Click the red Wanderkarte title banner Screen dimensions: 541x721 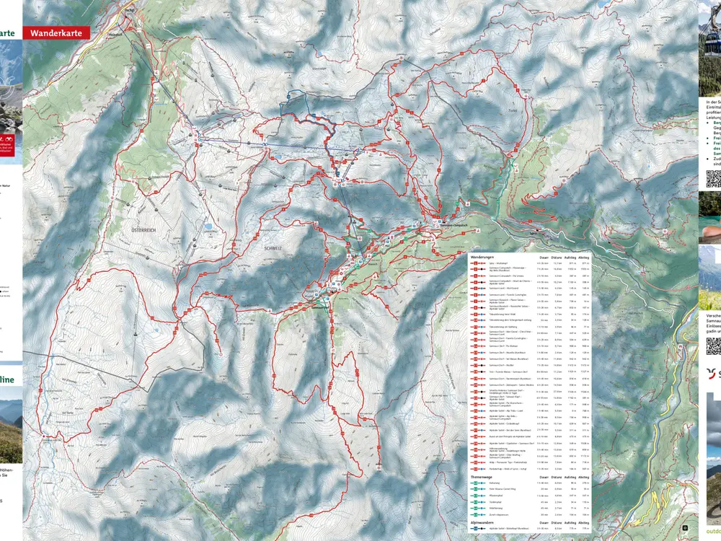point(56,33)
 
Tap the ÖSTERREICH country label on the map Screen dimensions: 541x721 point(143,230)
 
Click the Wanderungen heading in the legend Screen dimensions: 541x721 point(482,257)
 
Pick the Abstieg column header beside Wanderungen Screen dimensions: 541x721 point(583,257)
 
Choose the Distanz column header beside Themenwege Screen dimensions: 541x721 point(557,477)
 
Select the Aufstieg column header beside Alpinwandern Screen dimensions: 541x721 point(570,522)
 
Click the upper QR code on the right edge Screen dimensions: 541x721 point(712,179)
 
